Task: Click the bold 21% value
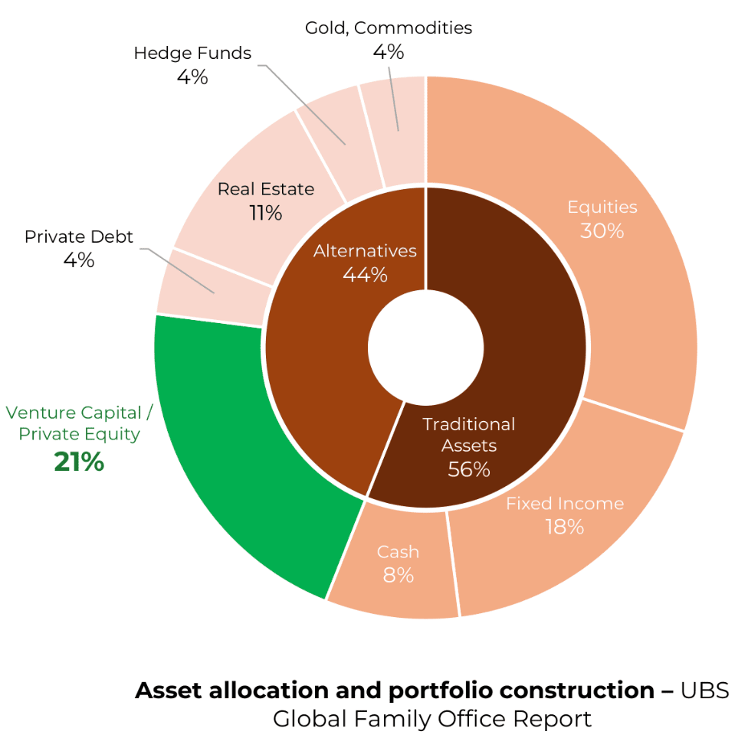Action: coord(79,462)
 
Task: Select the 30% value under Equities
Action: coord(602,230)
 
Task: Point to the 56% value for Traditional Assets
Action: coord(469,469)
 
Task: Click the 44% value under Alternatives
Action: coord(365,274)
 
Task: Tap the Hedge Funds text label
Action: coord(192,53)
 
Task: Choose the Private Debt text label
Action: coord(79,237)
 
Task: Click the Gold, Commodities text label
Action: coord(389,28)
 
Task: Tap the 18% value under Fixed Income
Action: coord(565,527)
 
